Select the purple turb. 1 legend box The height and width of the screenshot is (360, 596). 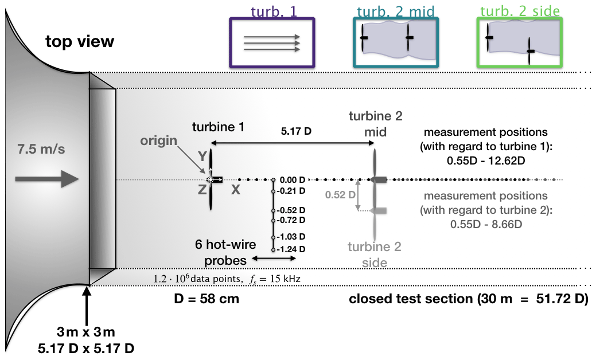(272, 43)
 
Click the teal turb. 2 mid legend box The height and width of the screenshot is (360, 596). (395, 44)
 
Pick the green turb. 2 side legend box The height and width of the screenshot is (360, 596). (520, 44)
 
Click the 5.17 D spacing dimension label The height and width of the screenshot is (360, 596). (295, 131)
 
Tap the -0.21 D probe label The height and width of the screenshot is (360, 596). (291, 191)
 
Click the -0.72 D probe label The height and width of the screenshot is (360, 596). (291, 220)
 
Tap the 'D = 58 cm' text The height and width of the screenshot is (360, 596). (206, 299)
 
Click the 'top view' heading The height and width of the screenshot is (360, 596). (80, 42)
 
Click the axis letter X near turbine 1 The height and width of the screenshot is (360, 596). (235, 190)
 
